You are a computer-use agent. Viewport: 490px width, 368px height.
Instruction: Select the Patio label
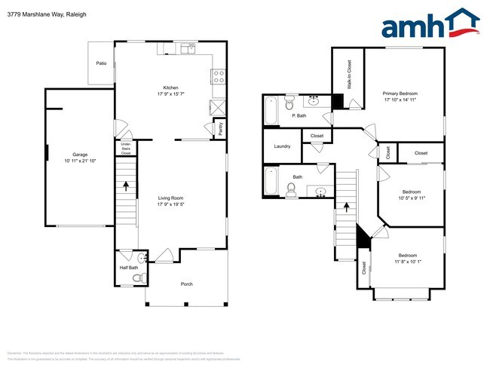pos(101,63)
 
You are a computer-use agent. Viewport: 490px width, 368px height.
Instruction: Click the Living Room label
pos(173,198)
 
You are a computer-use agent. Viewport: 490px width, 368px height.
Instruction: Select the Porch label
pos(186,284)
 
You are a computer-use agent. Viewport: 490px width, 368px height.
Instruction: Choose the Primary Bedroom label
pos(400,94)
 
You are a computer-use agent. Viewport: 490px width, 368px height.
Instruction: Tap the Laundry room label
pos(283,146)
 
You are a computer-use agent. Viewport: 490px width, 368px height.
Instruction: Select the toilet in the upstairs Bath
pos(291,189)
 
